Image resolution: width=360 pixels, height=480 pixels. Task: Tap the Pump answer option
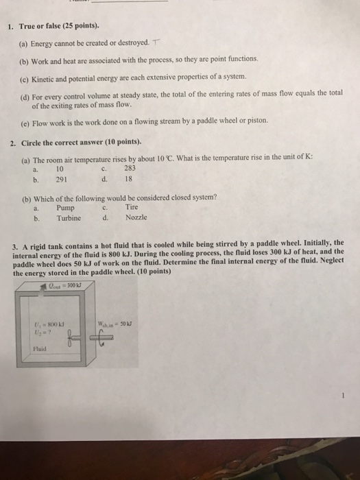coord(66,208)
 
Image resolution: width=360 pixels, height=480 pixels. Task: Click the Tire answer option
coord(132,208)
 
